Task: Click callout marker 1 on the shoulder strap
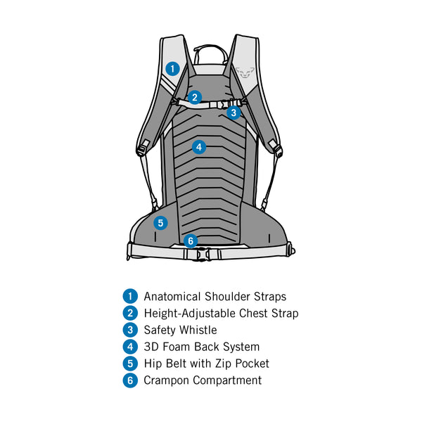point(172,68)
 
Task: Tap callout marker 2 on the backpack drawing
point(195,97)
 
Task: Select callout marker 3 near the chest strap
point(234,112)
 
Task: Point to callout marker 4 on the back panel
point(199,147)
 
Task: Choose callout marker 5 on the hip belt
point(160,223)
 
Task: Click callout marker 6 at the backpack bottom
point(190,241)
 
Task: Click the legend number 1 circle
point(129,297)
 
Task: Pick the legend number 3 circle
point(129,330)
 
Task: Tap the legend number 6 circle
point(129,381)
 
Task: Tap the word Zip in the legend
point(217,364)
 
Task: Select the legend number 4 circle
point(129,347)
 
